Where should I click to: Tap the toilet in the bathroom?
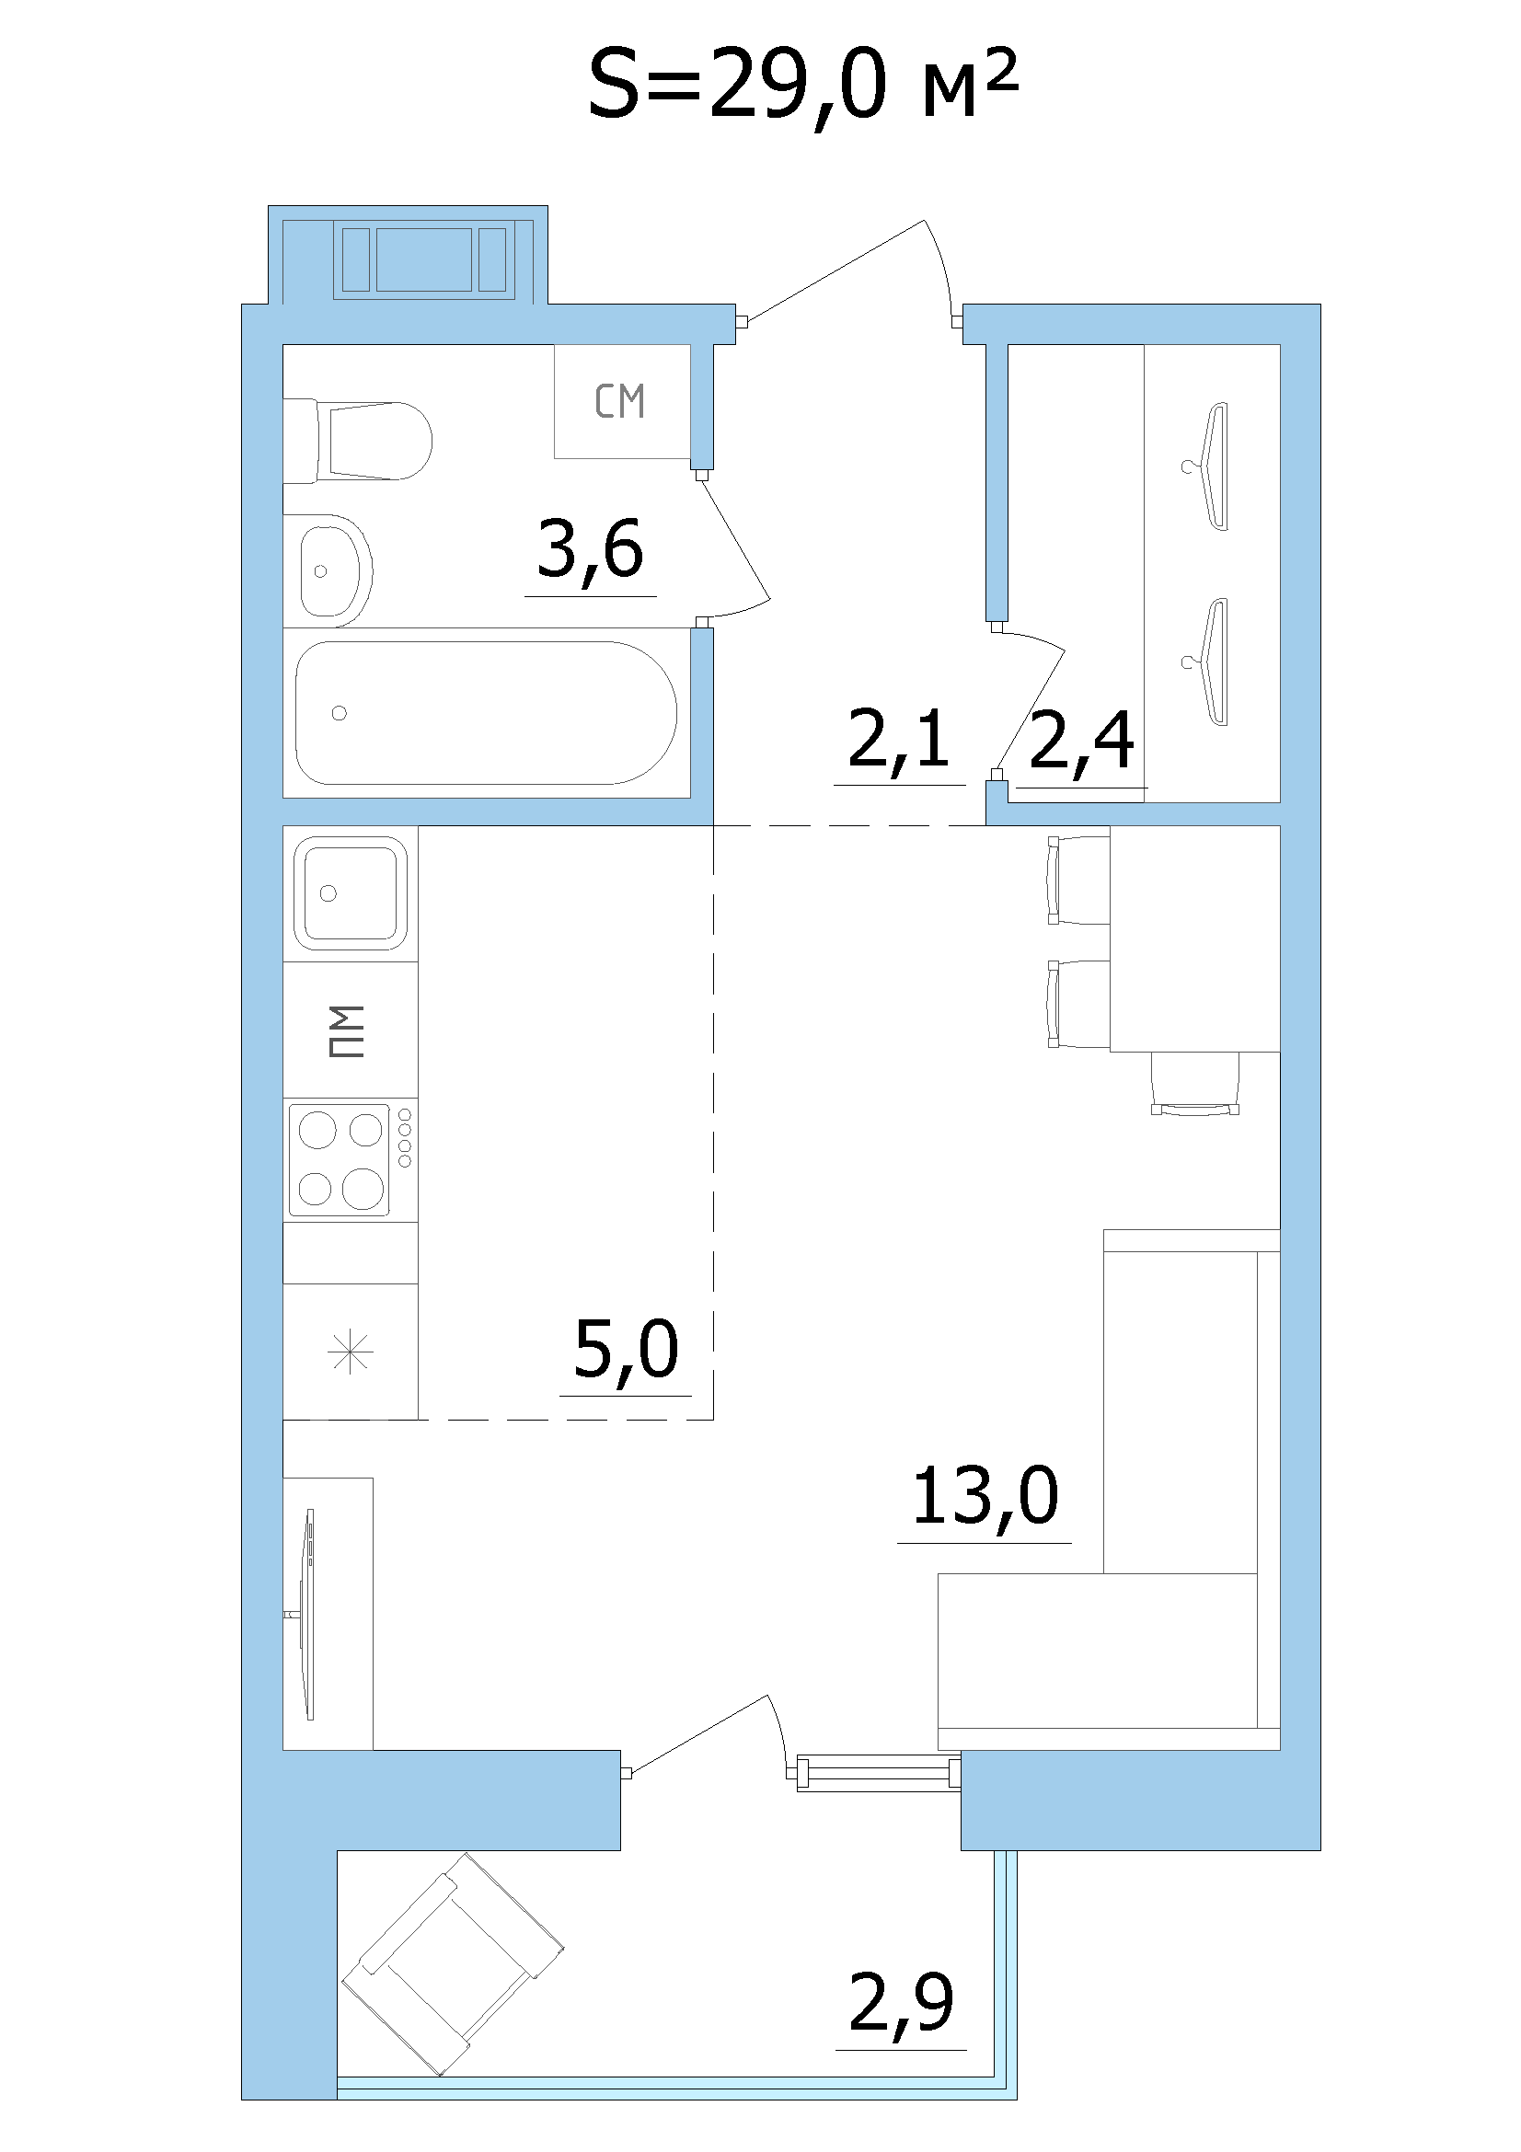point(357,441)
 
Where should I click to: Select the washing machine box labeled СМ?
point(622,401)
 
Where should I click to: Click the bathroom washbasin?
point(328,570)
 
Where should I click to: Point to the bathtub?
point(486,712)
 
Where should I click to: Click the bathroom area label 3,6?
point(591,549)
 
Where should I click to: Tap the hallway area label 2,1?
point(899,740)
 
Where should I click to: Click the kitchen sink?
point(351,892)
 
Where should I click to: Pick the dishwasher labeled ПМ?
point(351,1030)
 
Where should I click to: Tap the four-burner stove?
point(351,1160)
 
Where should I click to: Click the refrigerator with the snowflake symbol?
point(351,1352)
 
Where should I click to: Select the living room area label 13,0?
point(985,1496)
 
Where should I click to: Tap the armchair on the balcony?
point(452,1963)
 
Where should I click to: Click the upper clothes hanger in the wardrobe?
point(1210,466)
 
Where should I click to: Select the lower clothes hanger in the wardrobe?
point(1210,662)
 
